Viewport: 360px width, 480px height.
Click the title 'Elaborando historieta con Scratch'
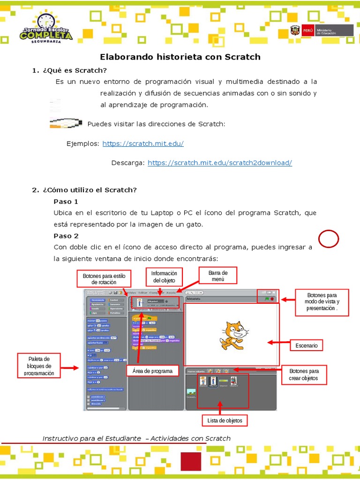coord(180,57)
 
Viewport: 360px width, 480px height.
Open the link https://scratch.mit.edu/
coord(143,143)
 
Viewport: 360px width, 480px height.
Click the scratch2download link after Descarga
coord(220,163)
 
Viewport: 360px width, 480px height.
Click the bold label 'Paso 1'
coord(66,202)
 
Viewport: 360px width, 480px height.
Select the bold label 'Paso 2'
coord(66,236)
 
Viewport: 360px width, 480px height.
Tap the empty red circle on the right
coord(329,239)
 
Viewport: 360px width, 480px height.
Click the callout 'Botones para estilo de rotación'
coord(104,279)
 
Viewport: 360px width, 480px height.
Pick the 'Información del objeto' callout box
coord(164,277)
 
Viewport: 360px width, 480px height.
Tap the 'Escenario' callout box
coord(307,345)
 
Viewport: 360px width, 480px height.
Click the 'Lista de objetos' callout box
coord(225,420)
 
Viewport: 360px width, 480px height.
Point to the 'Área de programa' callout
coord(152,371)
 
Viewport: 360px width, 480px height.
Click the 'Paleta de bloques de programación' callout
coord(40,366)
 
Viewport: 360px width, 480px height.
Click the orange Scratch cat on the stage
coord(232,335)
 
